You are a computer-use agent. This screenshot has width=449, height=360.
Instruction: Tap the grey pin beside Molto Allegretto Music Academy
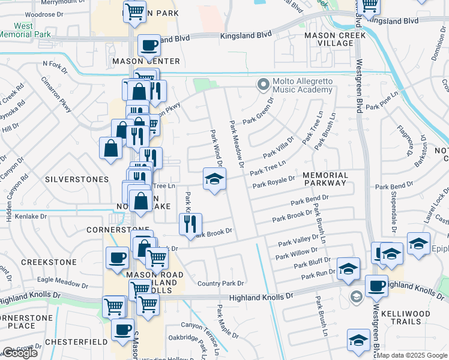(262, 85)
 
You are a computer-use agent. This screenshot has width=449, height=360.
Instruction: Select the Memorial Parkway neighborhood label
(325, 178)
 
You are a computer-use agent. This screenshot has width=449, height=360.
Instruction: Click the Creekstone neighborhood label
(49, 262)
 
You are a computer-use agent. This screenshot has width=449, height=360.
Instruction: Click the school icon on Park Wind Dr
(214, 179)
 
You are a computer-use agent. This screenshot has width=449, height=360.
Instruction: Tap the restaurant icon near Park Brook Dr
(190, 224)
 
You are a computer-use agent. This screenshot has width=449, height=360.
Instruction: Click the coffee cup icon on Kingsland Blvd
(148, 45)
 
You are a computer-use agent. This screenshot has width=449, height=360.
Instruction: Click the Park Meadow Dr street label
(237, 143)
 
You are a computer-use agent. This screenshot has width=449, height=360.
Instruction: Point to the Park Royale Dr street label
(274, 182)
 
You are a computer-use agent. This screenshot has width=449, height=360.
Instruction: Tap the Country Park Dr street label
(221, 283)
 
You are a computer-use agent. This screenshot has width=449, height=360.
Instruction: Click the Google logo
(20, 353)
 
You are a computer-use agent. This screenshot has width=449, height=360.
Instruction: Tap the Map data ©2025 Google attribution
(412, 355)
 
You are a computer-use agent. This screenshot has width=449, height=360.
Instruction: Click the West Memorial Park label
(24, 30)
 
